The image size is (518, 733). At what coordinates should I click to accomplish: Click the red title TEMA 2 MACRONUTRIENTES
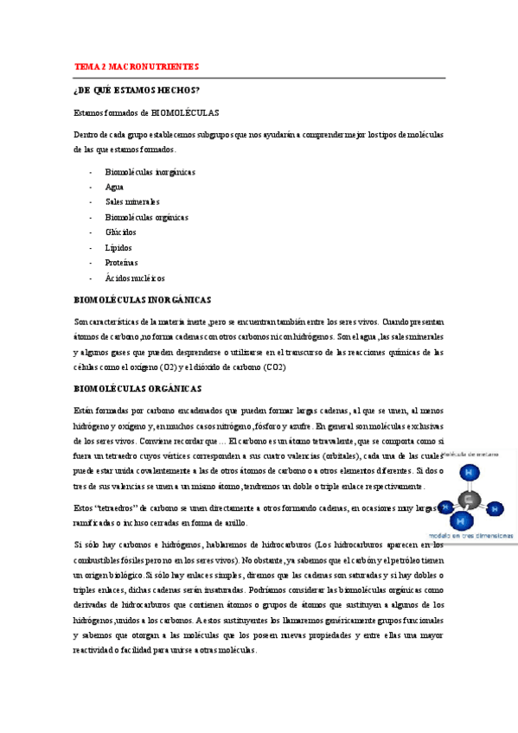pos(137,67)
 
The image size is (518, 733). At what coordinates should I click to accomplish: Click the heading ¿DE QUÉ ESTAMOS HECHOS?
pos(137,90)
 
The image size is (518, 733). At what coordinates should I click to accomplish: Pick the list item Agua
pos(114,187)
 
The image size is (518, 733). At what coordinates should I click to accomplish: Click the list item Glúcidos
pos(120,233)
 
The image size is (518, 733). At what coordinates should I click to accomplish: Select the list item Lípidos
pos(119,248)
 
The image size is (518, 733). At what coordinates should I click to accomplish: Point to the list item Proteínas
pos(121,263)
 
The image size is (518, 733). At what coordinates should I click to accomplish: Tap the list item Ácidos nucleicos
pos(135,278)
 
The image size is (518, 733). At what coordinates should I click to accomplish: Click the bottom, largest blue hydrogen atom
pos(461,520)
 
